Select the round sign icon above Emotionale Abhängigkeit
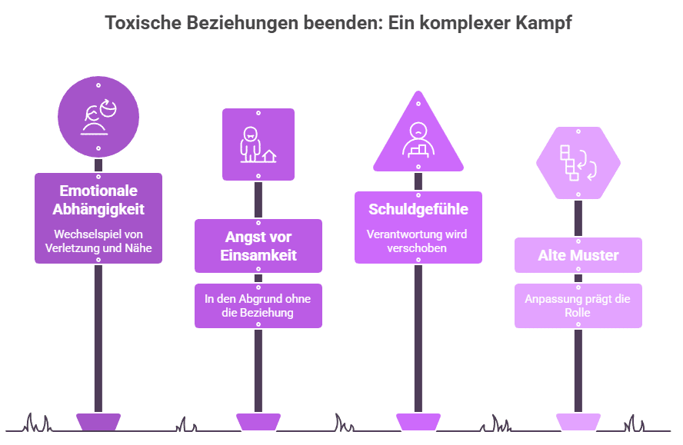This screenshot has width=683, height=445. click(x=98, y=118)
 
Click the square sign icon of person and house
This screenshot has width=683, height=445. click(x=258, y=144)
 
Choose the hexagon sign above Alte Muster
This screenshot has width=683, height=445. click(x=578, y=162)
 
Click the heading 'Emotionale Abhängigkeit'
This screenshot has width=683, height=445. click(x=98, y=199)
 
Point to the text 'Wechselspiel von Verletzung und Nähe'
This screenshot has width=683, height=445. click(x=98, y=241)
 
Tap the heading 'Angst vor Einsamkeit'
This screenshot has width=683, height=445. click(x=258, y=246)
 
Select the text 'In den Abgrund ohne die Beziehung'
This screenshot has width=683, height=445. click(x=258, y=306)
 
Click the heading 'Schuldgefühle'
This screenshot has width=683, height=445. click(x=418, y=209)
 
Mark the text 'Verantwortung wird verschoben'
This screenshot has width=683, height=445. click(x=418, y=241)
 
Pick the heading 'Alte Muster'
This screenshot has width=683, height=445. click(x=578, y=255)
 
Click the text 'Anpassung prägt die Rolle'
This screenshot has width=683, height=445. click(x=578, y=306)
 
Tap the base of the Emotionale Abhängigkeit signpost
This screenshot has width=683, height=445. click(x=98, y=421)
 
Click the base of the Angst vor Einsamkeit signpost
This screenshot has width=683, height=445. click(x=258, y=421)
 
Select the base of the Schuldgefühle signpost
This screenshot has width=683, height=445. click(x=418, y=421)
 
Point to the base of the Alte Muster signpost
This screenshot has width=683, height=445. click(x=578, y=421)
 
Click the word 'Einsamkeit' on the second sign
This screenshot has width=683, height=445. click(x=258, y=255)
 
